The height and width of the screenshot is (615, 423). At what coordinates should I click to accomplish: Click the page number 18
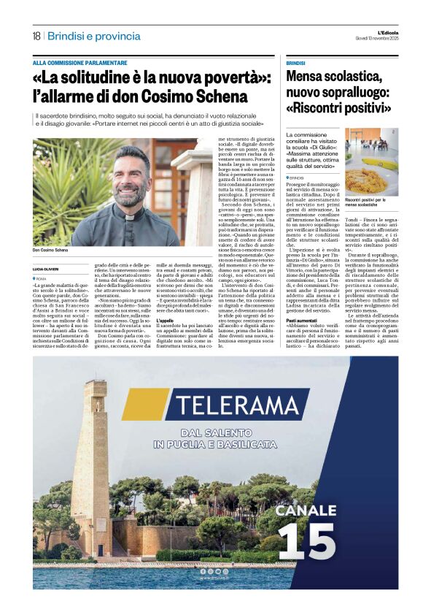(36, 36)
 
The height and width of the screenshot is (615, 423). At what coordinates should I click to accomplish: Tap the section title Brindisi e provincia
(95, 36)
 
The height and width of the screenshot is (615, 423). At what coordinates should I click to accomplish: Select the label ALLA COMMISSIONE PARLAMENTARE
(79, 63)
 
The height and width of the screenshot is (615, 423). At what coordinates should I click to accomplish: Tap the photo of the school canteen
(371, 162)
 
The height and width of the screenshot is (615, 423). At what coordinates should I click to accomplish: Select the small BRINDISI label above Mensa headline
(295, 63)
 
